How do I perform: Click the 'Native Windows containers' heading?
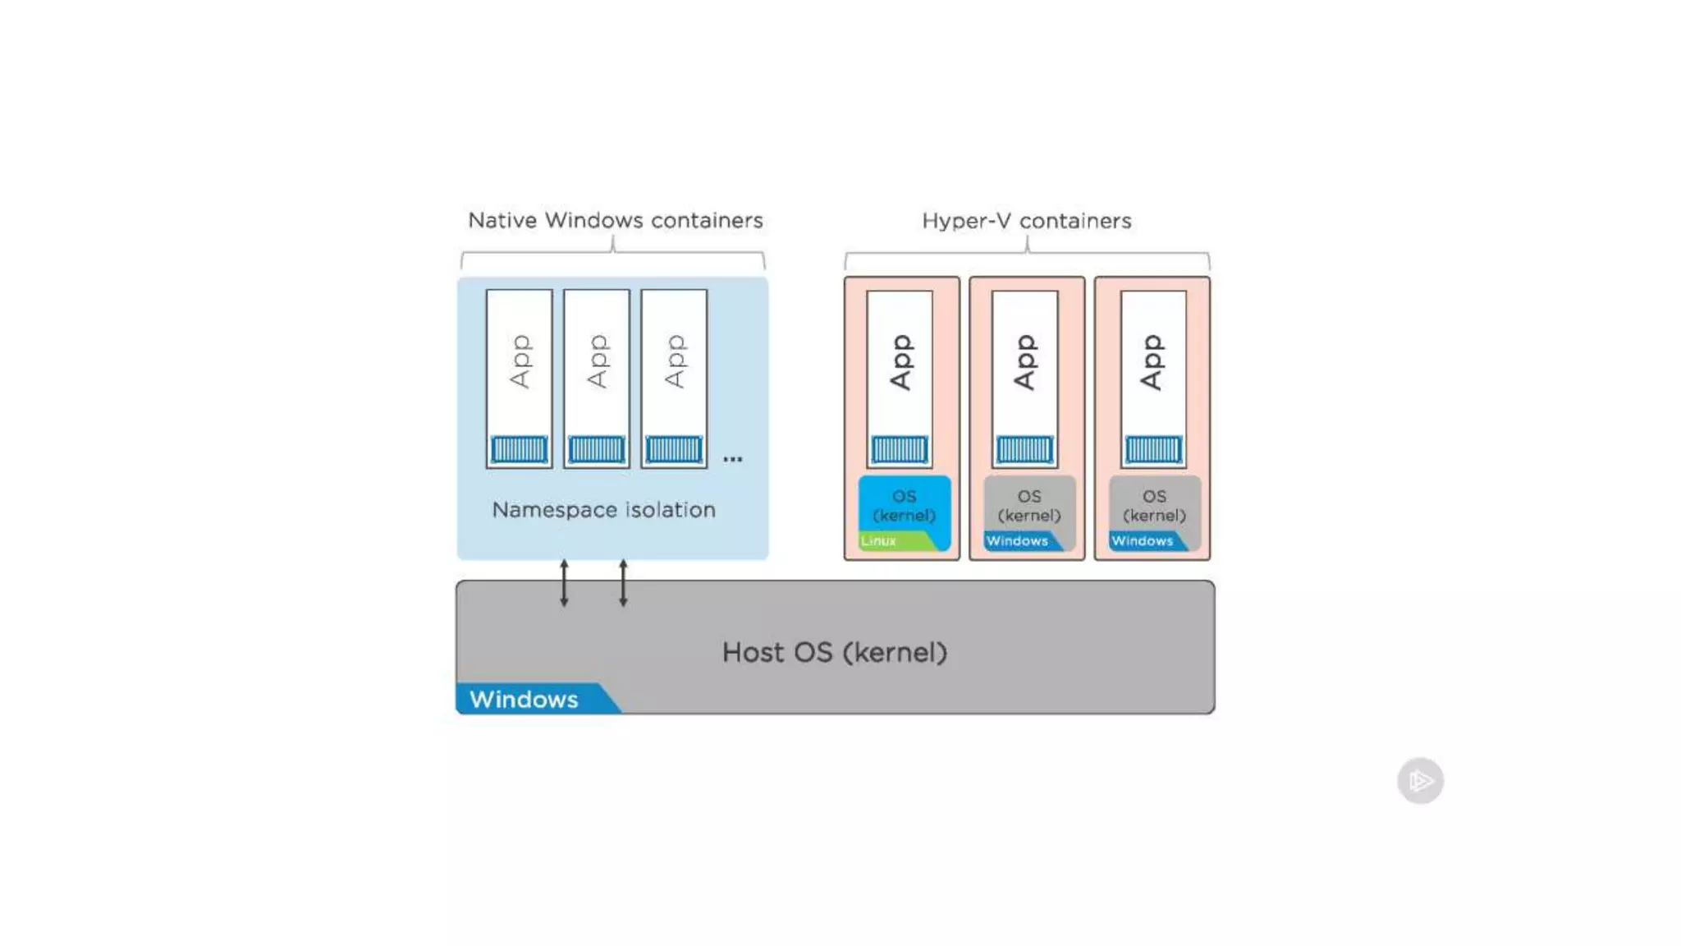click(615, 220)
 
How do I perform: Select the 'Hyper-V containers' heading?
click(1026, 221)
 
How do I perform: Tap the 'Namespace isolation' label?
click(603, 510)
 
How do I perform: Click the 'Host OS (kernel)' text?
click(834, 652)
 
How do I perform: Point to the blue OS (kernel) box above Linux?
click(904, 505)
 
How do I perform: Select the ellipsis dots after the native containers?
click(732, 459)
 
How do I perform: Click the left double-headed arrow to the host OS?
click(564, 583)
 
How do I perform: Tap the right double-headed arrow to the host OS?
click(623, 583)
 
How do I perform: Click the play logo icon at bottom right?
click(1420, 780)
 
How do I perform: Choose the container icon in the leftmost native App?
click(519, 449)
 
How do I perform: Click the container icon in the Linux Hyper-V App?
click(900, 449)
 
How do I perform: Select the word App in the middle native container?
click(597, 361)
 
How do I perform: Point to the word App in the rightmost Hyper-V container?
click(1152, 361)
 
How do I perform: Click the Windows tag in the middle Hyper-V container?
click(1018, 541)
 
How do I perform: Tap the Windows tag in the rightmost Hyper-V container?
click(1143, 541)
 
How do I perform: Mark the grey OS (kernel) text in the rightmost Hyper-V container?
click(1154, 505)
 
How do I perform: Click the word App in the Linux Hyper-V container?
click(900, 361)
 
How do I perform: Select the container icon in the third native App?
click(674, 449)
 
